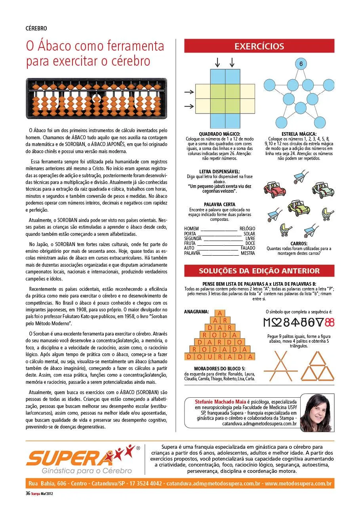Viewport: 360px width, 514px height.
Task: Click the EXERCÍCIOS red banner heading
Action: [259, 46]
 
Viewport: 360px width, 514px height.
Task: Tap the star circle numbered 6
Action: [301, 64]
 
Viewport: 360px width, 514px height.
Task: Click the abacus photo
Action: [96, 99]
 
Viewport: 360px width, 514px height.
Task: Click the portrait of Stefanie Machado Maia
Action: [316, 412]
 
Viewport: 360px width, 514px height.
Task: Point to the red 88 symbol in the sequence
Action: [330, 322]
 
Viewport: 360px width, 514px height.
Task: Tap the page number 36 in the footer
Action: [28, 493]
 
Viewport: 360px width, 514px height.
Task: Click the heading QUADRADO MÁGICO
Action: [219, 134]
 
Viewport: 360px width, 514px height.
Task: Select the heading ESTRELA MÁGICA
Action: [299, 134]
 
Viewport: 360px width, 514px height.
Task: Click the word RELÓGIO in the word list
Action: [247, 229]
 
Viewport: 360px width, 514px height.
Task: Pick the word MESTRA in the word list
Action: [248, 253]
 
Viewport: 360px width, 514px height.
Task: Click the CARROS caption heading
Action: [299, 244]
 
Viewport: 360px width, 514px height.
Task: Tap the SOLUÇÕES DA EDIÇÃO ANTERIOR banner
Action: [259, 271]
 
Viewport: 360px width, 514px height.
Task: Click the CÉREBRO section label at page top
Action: [36, 28]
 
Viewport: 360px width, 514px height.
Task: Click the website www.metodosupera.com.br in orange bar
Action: [298, 484]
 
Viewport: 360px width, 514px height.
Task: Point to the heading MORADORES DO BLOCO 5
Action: [219, 368]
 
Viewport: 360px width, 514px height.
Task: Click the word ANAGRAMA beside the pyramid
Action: [196, 312]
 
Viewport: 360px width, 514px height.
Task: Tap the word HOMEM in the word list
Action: [191, 229]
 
